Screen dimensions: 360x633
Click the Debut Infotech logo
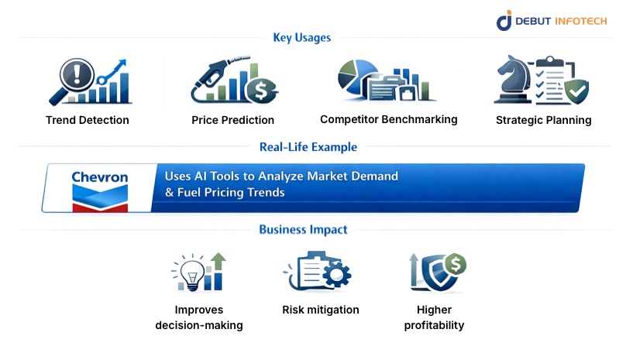(x=552, y=20)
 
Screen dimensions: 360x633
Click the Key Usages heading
(x=301, y=37)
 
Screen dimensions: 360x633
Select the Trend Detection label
(x=88, y=120)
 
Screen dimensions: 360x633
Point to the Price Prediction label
(x=232, y=120)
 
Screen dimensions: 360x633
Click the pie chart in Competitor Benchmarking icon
(x=356, y=74)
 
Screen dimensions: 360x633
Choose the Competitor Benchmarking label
(x=388, y=119)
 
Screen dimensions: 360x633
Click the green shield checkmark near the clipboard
(x=574, y=92)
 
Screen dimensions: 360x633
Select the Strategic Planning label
(x=543, y=120)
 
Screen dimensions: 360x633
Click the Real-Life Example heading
(x=308, y=146)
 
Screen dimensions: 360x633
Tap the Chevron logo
(x=100, y=187)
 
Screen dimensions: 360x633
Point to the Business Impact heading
(x=303, y=229)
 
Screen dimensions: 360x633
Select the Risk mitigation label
(x=320, y=310)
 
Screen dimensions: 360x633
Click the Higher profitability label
(x=434, y=317)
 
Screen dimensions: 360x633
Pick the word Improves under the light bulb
(x=198, y=310)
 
